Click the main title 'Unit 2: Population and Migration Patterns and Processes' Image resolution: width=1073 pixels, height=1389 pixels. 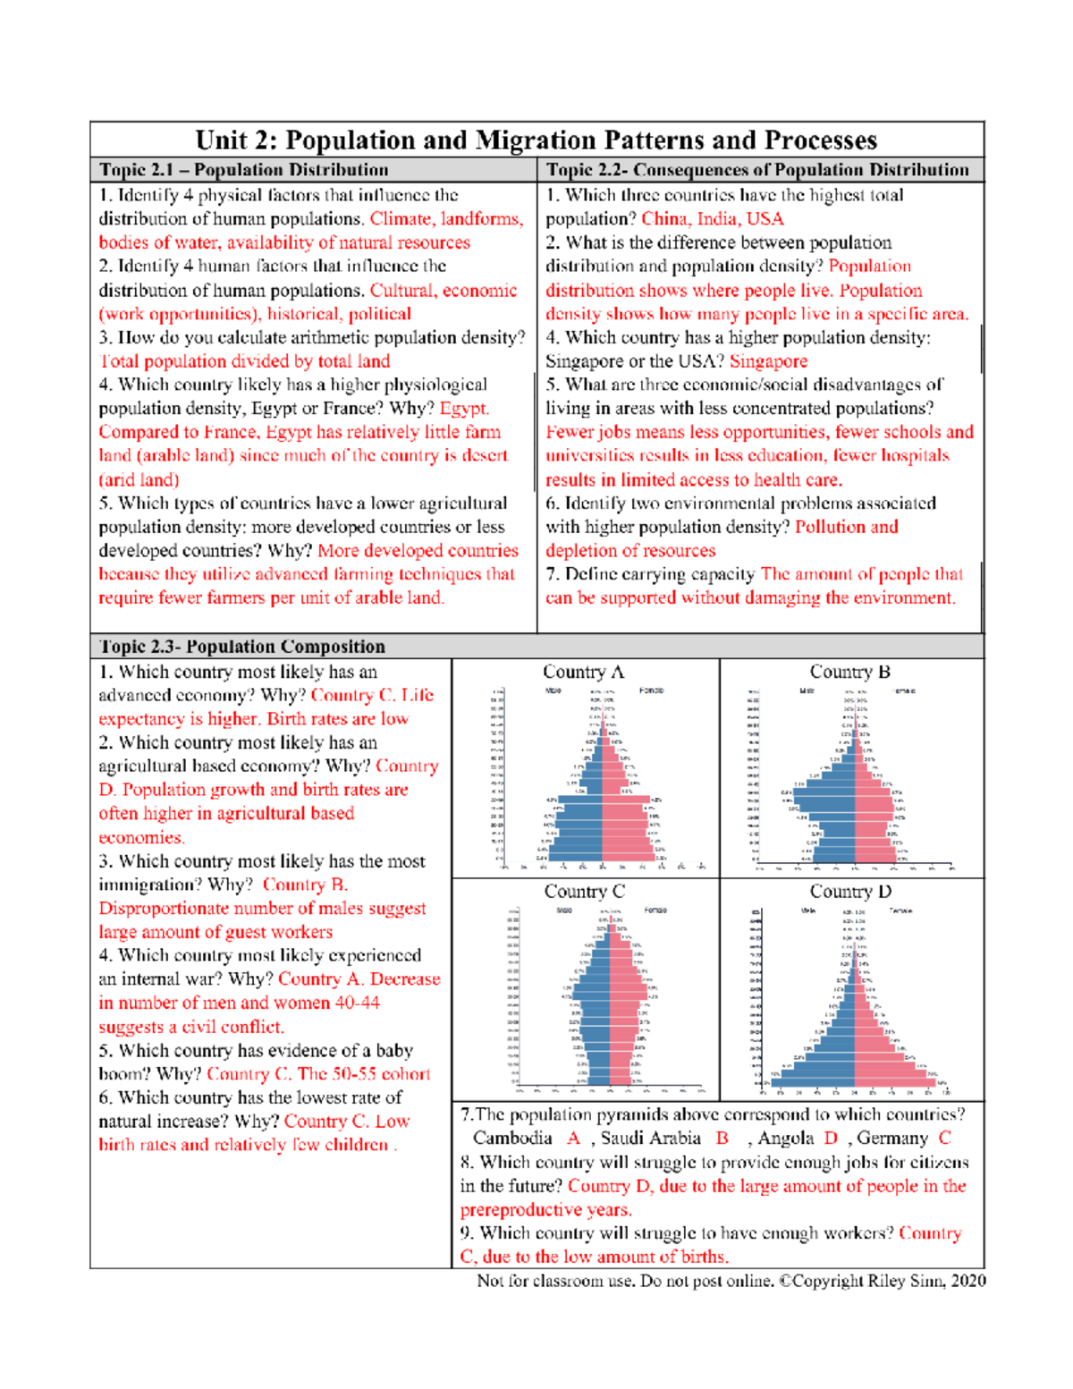[x=536, y=140]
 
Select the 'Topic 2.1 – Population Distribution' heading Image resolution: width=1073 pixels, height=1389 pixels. [x=244, y=170]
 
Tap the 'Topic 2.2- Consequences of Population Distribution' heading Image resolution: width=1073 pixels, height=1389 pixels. [x=757, y=170]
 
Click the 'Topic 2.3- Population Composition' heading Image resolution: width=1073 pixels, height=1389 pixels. [x=242, y=647]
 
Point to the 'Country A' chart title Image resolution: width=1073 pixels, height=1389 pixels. [x=583, y=672]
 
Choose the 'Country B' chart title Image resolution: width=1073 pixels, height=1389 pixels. [x=849, y=672]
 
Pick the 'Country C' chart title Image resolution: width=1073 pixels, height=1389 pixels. [x=584, y=892]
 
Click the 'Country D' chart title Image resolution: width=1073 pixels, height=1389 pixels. [x=850, y=892]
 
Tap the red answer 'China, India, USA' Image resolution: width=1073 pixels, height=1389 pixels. [x=712, y=219]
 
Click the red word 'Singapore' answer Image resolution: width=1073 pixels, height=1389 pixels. [x=768, y=361]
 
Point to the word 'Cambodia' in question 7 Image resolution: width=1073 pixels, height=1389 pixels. [x=512, y=1139]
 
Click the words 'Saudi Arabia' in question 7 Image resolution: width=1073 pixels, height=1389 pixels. [x=651, y=1139]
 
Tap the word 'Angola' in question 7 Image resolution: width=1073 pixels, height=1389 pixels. [x=786, y=1139]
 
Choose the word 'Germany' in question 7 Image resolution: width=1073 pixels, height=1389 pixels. [x=892, y=1139]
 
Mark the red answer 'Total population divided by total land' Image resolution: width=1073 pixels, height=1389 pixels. [x=245, y=361]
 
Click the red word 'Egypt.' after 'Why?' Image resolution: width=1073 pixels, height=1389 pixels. [x=464, y=409]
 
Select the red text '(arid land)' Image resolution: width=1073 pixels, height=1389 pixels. [x=139, y=479]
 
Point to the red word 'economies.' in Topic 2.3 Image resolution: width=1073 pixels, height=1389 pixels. [x=141, y=837]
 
